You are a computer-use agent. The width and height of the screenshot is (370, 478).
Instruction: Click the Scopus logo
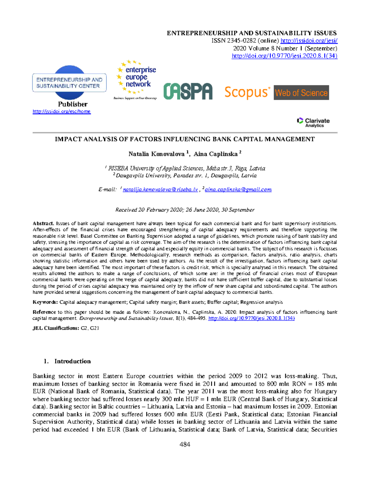coord(247,92)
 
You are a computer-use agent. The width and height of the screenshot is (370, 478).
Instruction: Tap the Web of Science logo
coord(301,93)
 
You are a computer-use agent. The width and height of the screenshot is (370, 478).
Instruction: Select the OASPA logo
coord(188,91)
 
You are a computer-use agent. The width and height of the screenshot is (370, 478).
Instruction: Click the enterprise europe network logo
coord(136,79)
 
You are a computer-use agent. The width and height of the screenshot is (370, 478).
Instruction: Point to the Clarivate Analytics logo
coord(313,122)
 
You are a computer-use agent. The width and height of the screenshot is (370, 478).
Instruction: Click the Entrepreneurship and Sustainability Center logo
coord(69,83)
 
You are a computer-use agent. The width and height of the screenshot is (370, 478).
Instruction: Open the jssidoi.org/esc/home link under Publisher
coord(62,111)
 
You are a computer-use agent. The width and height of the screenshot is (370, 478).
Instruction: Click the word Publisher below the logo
coord(72,104)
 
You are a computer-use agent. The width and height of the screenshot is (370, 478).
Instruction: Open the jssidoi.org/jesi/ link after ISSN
coord(309,41)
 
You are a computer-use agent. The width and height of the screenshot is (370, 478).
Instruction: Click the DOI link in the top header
coord(284,56)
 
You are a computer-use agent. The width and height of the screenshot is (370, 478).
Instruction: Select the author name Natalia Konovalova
coord(156,154)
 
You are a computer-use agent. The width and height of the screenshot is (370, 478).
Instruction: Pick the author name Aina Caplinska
coord(216,154)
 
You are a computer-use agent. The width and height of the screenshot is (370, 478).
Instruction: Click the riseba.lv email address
coord(160,190)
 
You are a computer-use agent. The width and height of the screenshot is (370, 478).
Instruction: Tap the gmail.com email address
coord(238,190)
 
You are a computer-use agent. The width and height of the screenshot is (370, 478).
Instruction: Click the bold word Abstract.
coord(43,223)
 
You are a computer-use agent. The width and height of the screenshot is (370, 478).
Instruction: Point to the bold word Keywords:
coord(45,302)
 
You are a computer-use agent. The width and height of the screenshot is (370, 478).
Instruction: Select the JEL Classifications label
coord(56,328)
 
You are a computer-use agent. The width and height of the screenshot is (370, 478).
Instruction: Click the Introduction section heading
coord(72,361)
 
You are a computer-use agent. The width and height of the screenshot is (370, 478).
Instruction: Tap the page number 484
coord(185,444)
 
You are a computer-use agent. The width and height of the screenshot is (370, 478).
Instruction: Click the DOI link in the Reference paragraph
coord(251,318)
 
